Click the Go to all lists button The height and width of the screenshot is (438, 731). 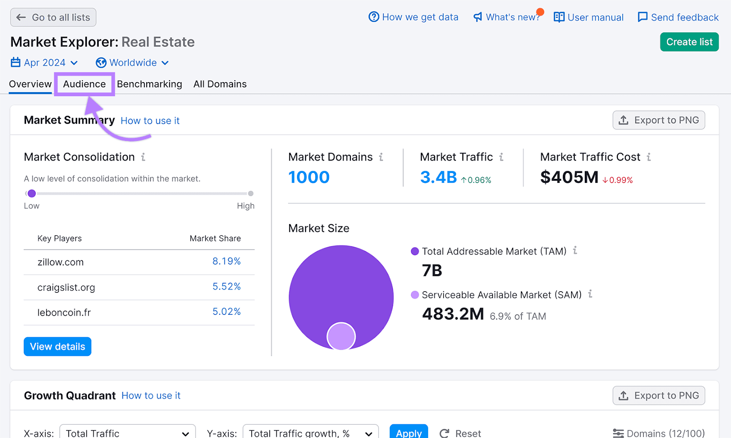click(53, 17)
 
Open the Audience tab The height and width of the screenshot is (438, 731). click(85, 84)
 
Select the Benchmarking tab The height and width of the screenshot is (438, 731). click(149, 84)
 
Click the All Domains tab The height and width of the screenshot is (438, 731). click(220, 84)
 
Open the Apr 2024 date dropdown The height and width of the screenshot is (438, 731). click(44, 63)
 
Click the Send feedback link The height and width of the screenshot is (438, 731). click(678, 17)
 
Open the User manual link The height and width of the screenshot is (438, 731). click(588, 17)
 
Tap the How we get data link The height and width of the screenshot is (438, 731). click(413, 17)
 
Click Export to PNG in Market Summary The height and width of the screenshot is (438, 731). click(658, 120)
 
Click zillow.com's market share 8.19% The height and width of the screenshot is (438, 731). click(226, 261)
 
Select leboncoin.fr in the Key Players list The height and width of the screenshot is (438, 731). click(64, 313)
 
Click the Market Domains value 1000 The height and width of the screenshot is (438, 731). click(309, 177)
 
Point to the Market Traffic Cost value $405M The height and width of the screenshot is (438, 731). click(569, 177)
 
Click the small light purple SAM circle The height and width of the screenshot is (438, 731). click(341, 336)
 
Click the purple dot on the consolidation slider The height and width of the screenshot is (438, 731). click(32, 193)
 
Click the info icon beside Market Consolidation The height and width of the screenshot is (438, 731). click(143, 157)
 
